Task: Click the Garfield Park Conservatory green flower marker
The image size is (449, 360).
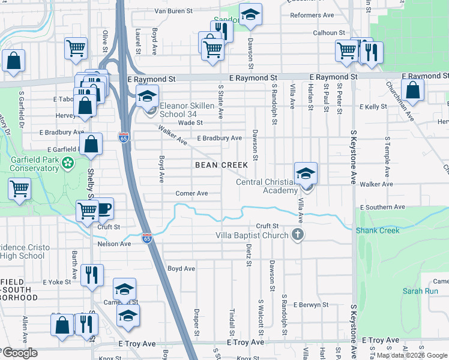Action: [x=68, y=162]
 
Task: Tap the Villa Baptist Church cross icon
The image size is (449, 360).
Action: [x=297, y=234]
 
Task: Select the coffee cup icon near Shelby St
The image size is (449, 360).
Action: [x=104, y=208]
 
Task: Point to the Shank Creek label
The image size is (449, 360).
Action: [x=377, y=230]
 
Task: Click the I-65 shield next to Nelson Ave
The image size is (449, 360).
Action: [x=146, y=238]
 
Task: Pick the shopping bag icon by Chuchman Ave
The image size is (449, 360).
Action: [x=413, y=91]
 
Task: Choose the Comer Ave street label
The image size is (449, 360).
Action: [x=191, y=193]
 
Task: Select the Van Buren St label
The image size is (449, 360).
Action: [x=173, y=11]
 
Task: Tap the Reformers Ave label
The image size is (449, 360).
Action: [x=312, y=15]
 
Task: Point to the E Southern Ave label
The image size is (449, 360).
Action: [x=383, y=207]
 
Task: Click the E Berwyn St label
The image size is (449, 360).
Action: [x=311, y=305]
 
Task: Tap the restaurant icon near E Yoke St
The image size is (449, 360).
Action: [x=91, y=274]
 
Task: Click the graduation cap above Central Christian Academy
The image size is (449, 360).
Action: [x=306, y=173]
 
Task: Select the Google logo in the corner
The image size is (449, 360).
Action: [x=20, y=353]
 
